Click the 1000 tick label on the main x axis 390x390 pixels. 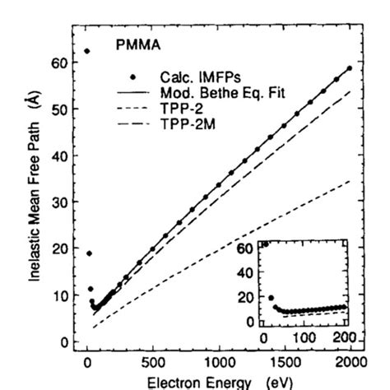pyautogui.click(x=219, y=361)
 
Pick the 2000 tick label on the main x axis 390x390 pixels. pyautogui.click(x=350, y=361)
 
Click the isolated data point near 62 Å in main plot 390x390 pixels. pyautogui.click(x=88, y=52)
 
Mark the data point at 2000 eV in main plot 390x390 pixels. pyautogui.click(x=350, y=68)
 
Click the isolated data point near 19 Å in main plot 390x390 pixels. pyautogui.click(x=90, y=253)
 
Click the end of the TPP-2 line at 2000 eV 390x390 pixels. pyautogui.click(x=350, y=181)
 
